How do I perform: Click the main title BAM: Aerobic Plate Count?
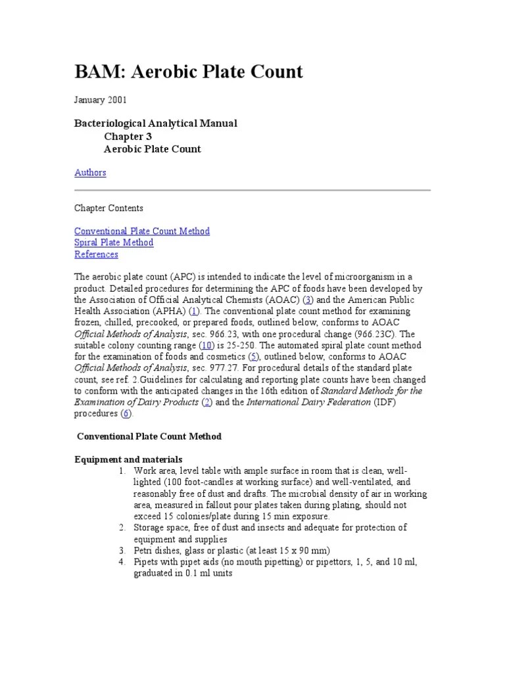pyautogui.click(x=189, y=72)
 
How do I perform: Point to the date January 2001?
pyautogui.click(x=101, y=101)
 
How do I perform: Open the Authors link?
pyautogui.click(x=90, y=173)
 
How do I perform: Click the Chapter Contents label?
pyautogui.click(x=108, y=208)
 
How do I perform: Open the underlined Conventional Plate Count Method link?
pyautogui.click(x=142, y=231)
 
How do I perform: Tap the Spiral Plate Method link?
pyautogui.click(x=114, y=243)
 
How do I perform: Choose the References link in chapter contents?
pyautogui.click(x=96, y=254)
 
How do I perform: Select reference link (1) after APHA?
pyautogui.click(x=194, y=311)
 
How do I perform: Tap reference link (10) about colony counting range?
pyautogui.click(x=207, y=346)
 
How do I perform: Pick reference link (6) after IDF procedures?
pyautogui.click(x=126, y=414)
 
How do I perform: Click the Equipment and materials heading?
pyautogui.click(x=128, y=459)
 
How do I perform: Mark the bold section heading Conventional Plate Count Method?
pyautogui.click(x=149, y=436)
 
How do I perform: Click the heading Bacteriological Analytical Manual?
pyautogui.click(x=156, y=124)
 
